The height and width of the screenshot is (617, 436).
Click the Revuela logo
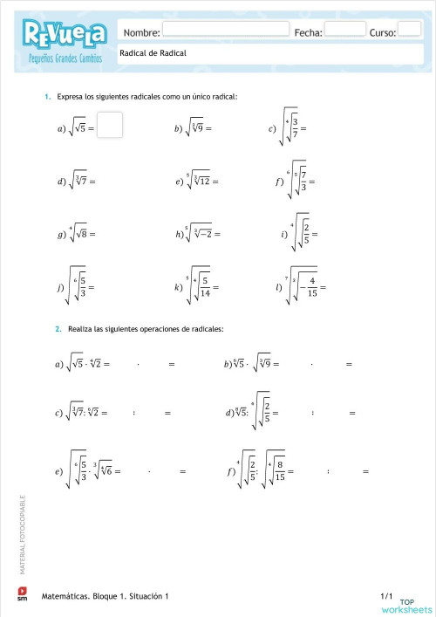[x=66, y=36]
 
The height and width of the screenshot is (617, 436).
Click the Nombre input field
[x=225, y=29]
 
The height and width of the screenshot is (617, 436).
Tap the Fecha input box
[x=345, y=29]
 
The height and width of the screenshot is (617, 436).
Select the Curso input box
[x=409, y=29]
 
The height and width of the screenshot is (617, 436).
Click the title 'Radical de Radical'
[x=153, y=53]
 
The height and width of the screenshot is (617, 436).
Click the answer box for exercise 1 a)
[x=110, y=126]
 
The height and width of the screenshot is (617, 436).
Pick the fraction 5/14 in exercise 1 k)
[x=203, y=286]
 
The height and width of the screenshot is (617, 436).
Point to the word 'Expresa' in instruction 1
[x=71, y=96]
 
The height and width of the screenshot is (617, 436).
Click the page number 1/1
[x=388, y=594]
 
